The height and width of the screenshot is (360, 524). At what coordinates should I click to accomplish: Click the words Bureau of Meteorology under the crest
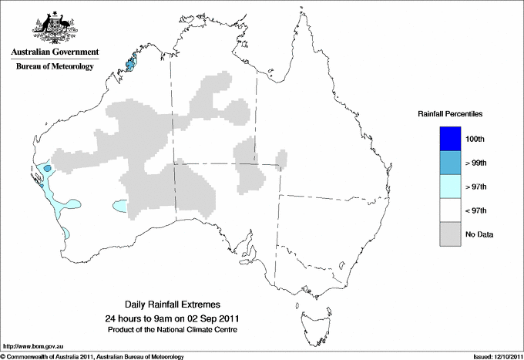click(x=55, y=67)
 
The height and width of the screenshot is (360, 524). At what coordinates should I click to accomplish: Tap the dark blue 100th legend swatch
click(x=450, y=138)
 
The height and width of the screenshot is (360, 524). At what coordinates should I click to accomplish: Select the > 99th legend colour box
click(x=450, y=162)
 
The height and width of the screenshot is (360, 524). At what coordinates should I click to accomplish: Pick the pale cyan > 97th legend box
click(x=450, y=187)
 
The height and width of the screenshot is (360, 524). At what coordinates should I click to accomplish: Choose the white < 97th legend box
click(x=450, y=210)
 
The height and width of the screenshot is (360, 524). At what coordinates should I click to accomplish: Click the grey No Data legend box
click(x=450, y=234)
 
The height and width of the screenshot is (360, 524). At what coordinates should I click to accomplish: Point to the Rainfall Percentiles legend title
click(x=450, y=114)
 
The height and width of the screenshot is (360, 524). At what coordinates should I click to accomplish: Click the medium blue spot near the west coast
click(x=47, y=167)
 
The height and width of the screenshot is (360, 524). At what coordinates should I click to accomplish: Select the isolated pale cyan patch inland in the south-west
click(x=120, y=206)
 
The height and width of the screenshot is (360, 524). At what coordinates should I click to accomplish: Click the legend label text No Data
click(x=479, y=234)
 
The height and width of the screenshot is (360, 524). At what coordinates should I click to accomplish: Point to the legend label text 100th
click(x=475, y=138)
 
